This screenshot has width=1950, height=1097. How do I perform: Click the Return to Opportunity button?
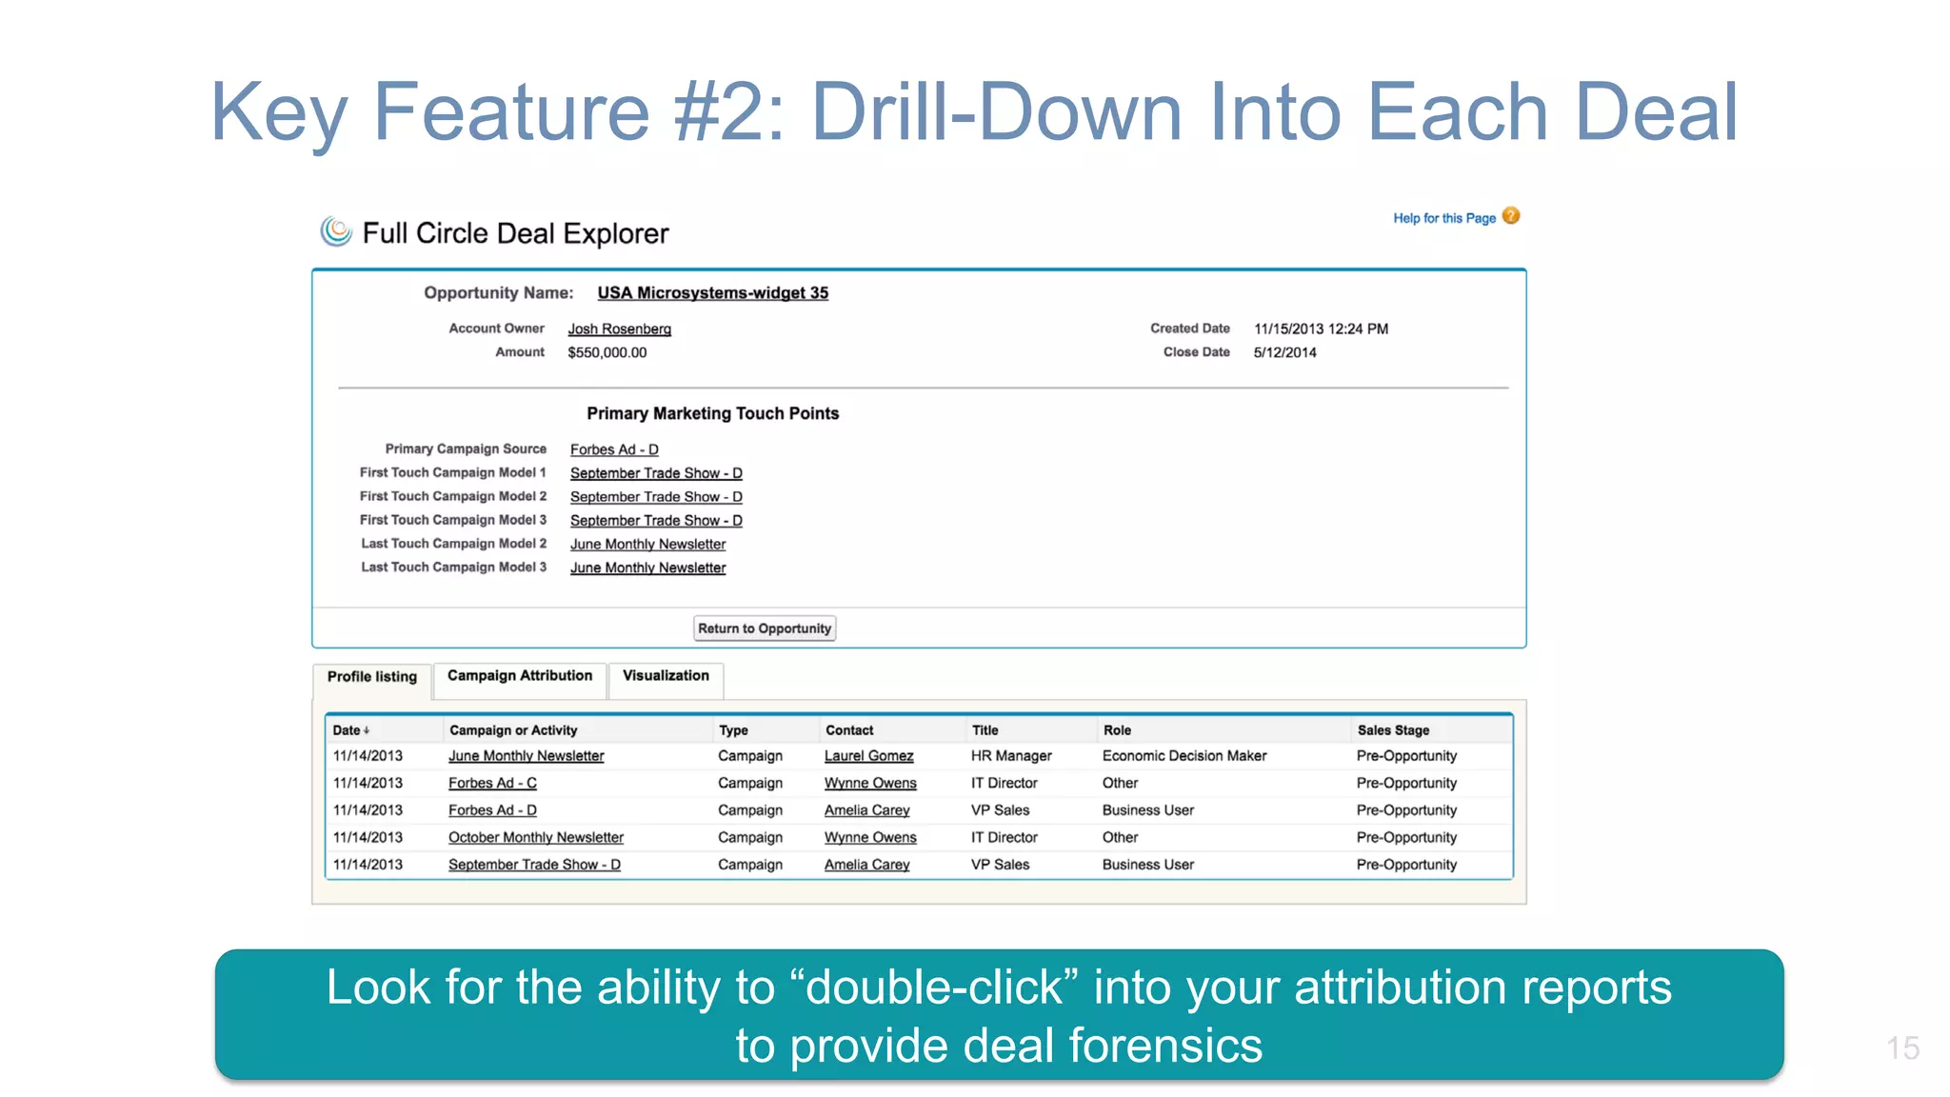[764, 628]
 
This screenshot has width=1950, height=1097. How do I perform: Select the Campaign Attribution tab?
[519, 676]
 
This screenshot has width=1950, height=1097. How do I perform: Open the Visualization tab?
[666, 676]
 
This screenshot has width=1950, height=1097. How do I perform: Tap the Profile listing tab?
[372, 677]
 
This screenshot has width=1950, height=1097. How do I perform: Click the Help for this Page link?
[1443, 218]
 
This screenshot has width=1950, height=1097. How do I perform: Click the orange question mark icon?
[1511, 216]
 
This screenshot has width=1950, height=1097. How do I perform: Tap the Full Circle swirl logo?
[335, 231]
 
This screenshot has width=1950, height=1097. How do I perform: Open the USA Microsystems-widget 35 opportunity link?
[712, 293]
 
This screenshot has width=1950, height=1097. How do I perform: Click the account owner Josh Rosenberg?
[619, 329]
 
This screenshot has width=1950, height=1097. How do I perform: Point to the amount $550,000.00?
[607, 353]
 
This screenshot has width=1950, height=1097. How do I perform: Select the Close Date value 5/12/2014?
[1284, 352]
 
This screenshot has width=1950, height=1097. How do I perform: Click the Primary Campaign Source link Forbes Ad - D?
[614, 449]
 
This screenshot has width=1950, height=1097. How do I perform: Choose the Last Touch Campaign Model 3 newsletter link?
[647, 568]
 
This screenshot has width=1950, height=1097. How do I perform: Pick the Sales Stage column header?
[1393, 730]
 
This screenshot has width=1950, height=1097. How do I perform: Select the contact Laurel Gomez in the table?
[868, 756]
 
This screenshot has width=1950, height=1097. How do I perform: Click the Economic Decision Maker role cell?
[1184, 756]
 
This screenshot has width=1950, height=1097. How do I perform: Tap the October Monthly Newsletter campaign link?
[535, 838]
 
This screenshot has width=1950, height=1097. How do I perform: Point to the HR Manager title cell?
[1011, 756]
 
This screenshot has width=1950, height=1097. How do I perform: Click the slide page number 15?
[1901, 1048]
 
